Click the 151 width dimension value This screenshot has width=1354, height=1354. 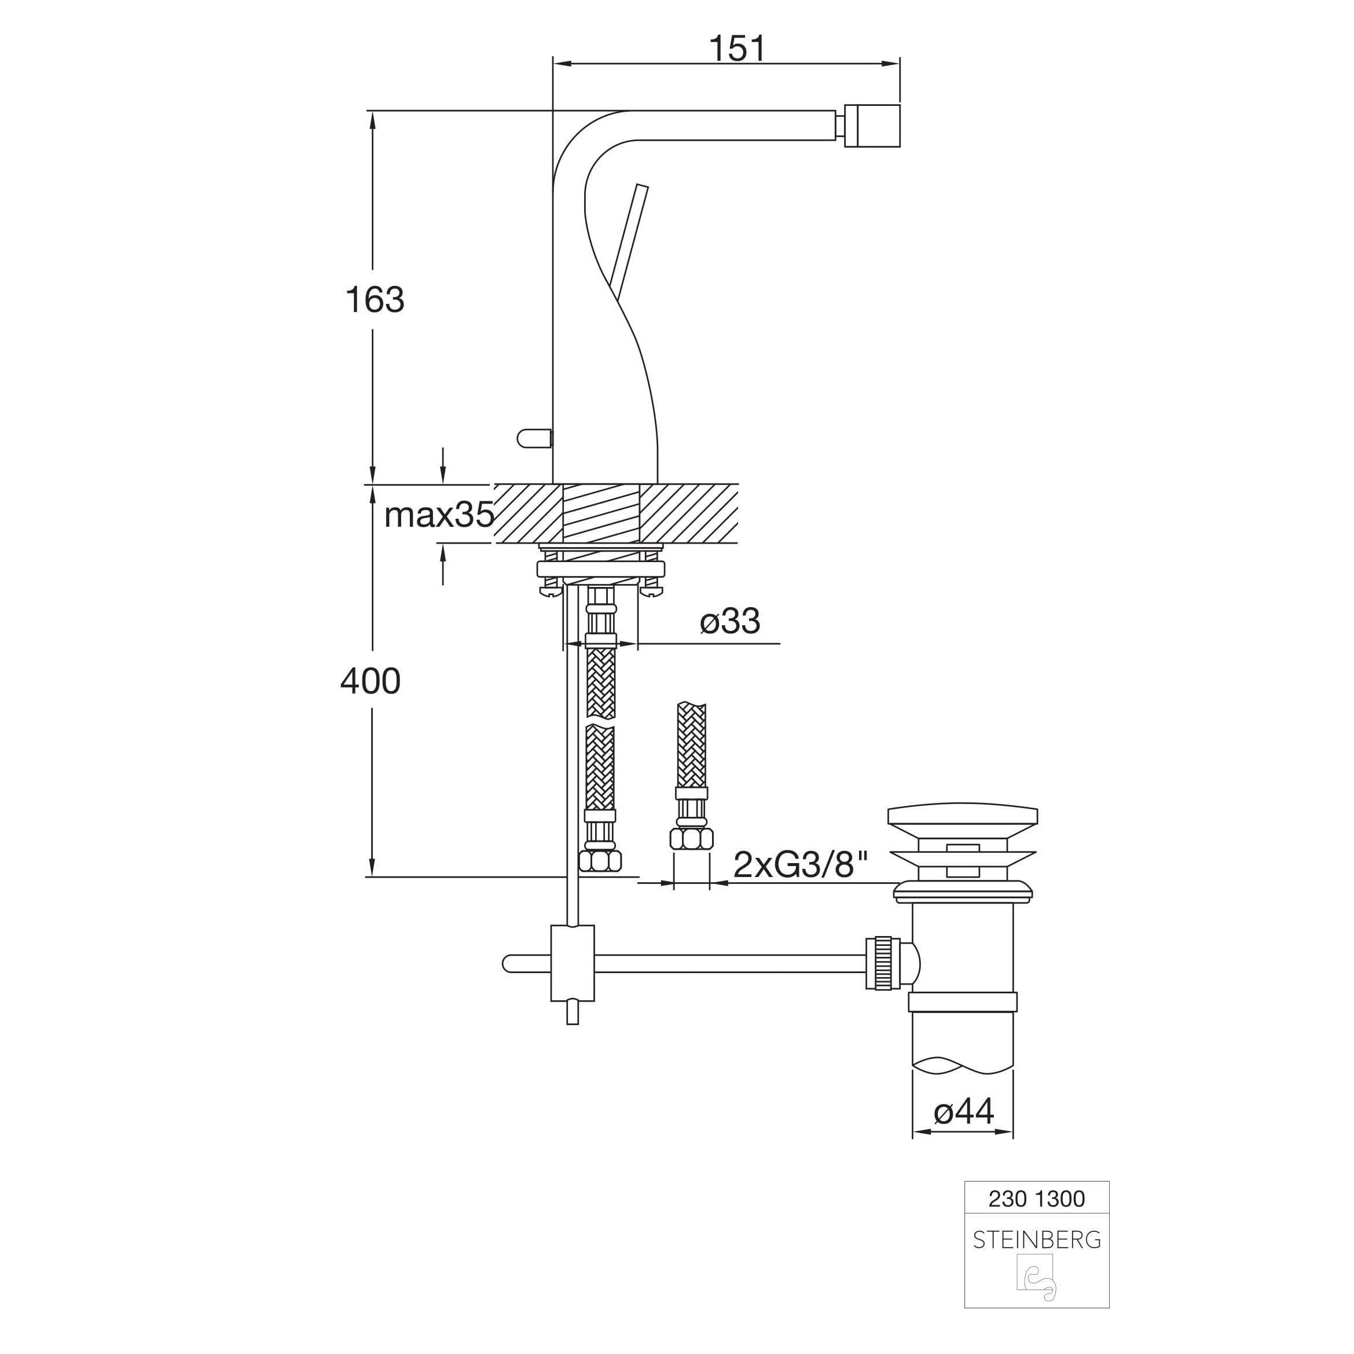737,49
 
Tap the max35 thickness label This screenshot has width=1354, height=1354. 439,515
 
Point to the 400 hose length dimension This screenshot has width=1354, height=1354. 370,681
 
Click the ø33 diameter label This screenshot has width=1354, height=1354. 729,621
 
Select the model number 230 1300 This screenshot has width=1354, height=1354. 1037,1199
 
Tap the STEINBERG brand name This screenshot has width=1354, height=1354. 1037,1240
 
